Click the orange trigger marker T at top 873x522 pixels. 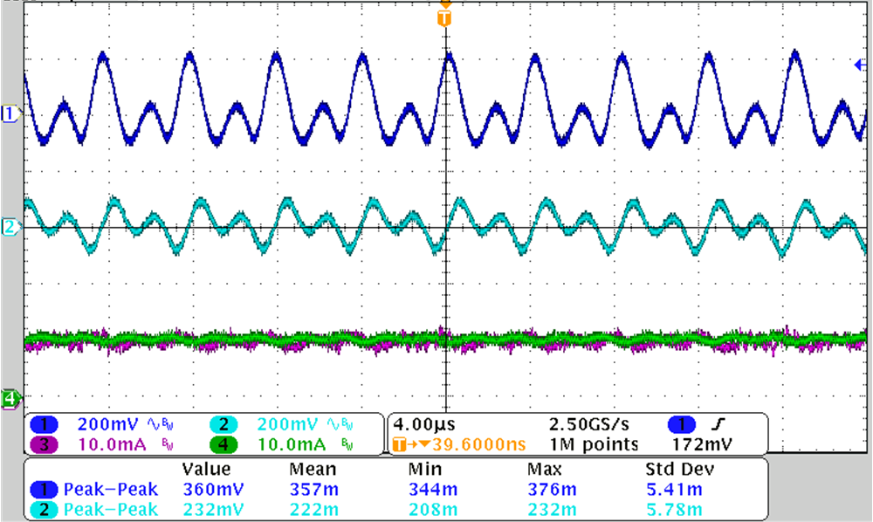tap(445, 17)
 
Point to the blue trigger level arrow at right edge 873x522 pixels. tap(859, 65)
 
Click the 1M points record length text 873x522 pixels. tap(595, 445)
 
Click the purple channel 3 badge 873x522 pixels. tap(45, 445)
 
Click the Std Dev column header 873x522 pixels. tap(672, 470)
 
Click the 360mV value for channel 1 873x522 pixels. tap(207, 490)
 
